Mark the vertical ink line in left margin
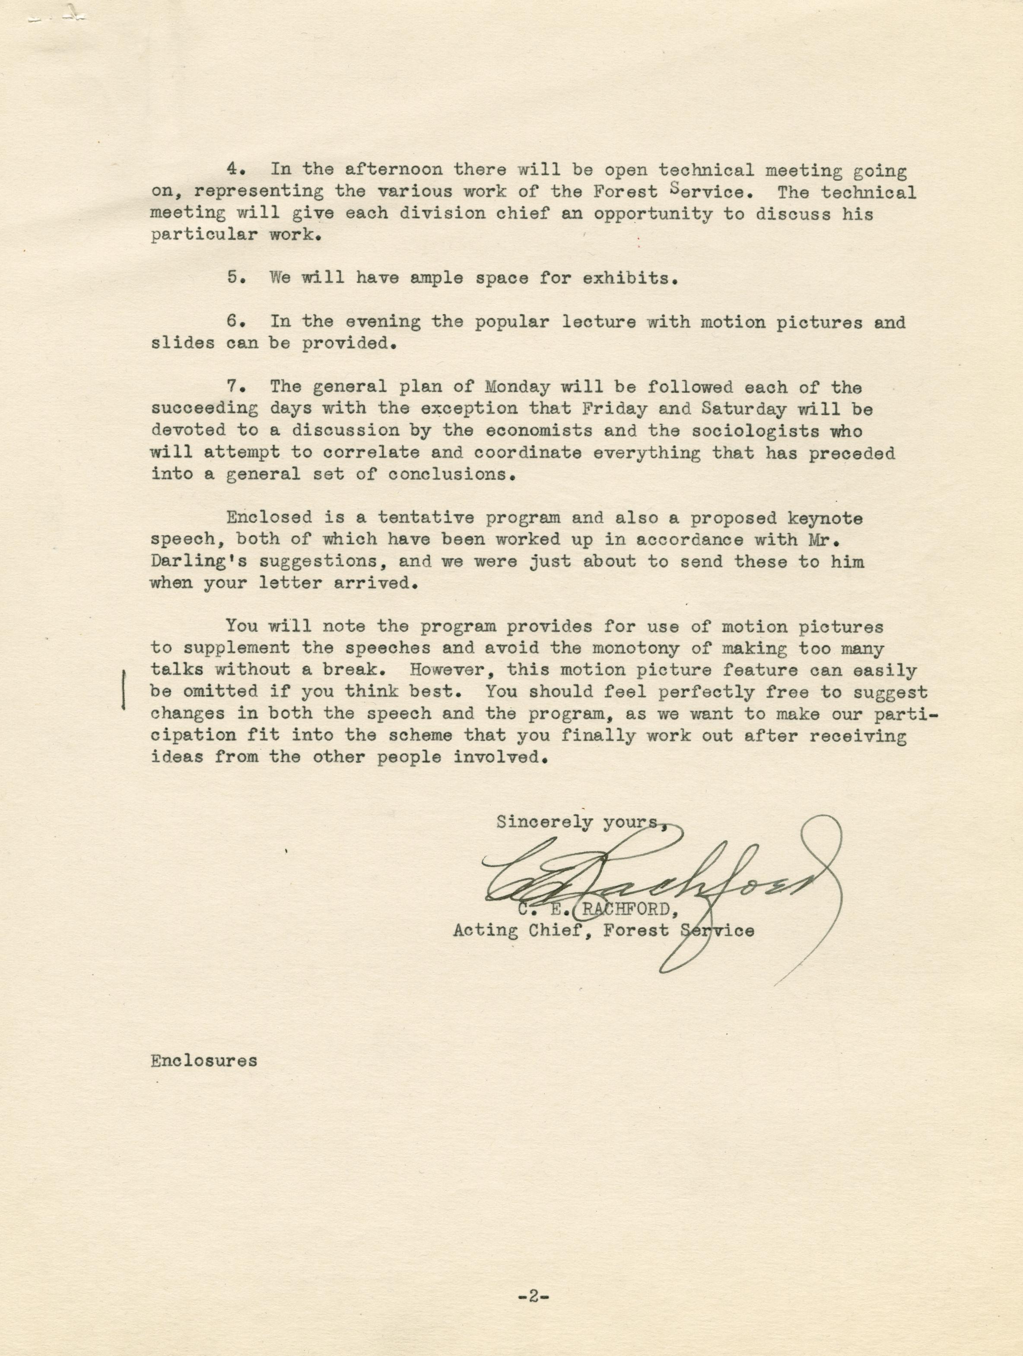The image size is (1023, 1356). (x=124, y=690)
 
